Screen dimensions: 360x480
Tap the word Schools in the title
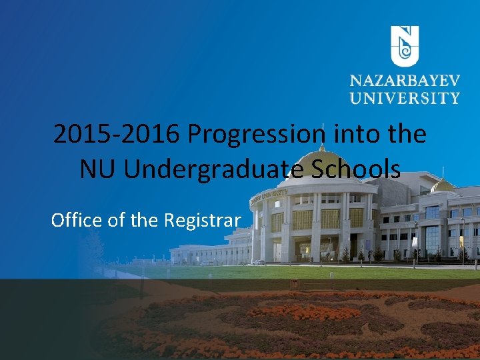click(365, 169)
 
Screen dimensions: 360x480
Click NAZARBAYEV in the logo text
click(405, 82)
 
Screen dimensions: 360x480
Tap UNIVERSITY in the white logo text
click(405, 98)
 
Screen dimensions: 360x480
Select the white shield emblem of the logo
click(404, 45)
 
